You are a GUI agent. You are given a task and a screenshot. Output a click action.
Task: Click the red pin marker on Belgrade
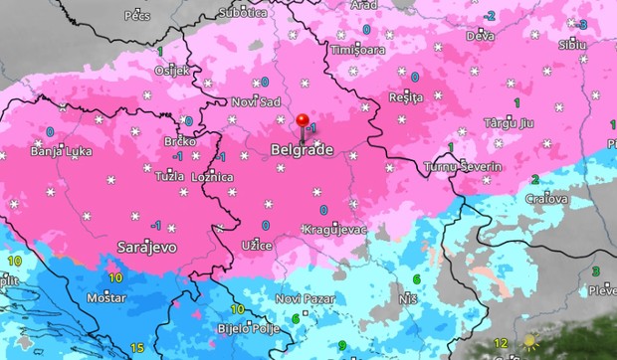(x=303, y=122)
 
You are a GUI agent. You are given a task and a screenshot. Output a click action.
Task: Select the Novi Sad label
(x=258, y=100)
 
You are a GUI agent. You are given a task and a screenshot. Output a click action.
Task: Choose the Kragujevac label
(x=334, y=230)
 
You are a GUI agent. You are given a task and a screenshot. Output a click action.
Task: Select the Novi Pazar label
(x=302, y=298)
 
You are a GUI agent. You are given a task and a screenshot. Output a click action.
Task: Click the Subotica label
(x=243, y=13)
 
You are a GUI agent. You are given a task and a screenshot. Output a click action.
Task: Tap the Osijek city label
(x=171, y=71)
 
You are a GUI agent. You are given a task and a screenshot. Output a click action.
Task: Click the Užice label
(x=257, y=245)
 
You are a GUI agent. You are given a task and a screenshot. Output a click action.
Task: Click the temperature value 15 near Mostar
(x=135, y=347)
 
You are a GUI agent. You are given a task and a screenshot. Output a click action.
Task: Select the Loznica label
(x=212, y=177)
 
